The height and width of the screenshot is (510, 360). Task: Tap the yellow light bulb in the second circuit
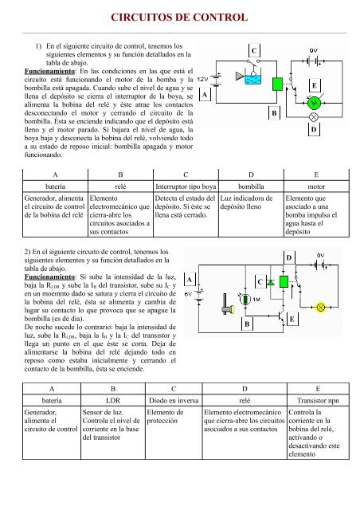pyautogui.click(x=322, y=305)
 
